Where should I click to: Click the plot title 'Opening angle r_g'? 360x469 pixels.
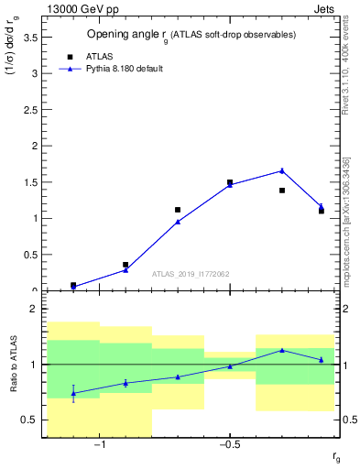pos(191,34)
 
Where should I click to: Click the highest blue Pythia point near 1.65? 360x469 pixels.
pos(282,170)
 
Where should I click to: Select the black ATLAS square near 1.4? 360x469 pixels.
pos(282,191)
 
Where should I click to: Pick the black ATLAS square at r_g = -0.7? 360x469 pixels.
pos(178,210)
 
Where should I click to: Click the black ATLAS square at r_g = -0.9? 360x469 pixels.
pos(125,265)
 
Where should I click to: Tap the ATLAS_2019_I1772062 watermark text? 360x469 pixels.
pos(191,274)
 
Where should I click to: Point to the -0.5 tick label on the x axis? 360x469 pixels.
pos(230,445)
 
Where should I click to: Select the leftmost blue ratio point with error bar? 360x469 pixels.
pos(73,393)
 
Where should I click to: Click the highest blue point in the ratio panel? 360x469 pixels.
pos(282,350)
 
